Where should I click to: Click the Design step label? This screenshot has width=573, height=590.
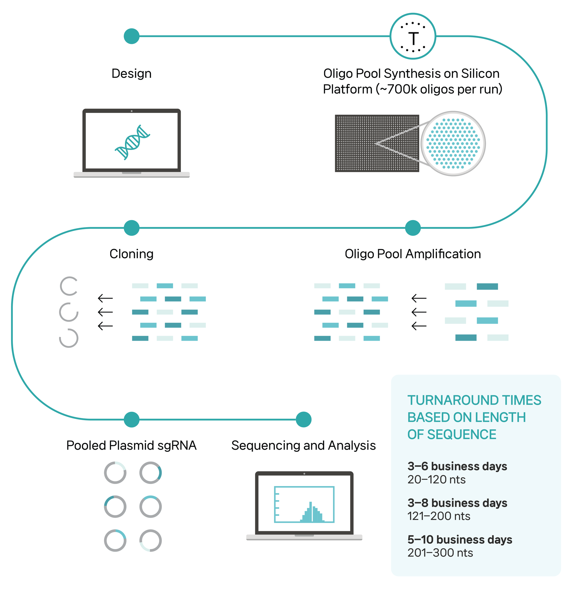[x=132, y=74]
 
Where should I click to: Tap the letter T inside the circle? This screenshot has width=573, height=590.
[x=414, y=39]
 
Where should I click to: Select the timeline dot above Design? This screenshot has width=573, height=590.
[x=132, y=36]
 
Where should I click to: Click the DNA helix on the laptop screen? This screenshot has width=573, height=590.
[x=133, y=142]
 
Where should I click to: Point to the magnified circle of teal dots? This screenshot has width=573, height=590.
[x=453, y=144]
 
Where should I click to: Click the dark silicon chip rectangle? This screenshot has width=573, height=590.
[x=377, y=143]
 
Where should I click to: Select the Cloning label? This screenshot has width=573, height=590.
[x=132, y=254]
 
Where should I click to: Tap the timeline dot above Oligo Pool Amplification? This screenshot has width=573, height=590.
[x=413, y=228]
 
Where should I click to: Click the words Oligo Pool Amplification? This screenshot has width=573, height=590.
[x=413, y=254]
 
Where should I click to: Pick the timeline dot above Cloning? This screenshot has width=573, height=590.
[x=132, y=228]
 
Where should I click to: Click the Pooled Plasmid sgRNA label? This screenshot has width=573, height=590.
[x=132, y=445]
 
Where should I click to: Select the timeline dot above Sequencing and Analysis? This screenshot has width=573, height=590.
[x=304, y=419]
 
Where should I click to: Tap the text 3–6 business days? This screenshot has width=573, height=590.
[x=458, y=466]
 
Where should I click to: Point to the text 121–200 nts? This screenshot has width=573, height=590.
[x=439, y=516]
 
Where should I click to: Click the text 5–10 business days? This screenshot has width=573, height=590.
[x=460, y=540]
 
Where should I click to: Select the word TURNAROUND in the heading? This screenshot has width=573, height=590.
[x=449, y=400]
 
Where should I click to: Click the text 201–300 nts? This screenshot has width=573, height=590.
[x=440, y=553]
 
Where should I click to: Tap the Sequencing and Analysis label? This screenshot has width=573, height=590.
[x=304, y=445]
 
